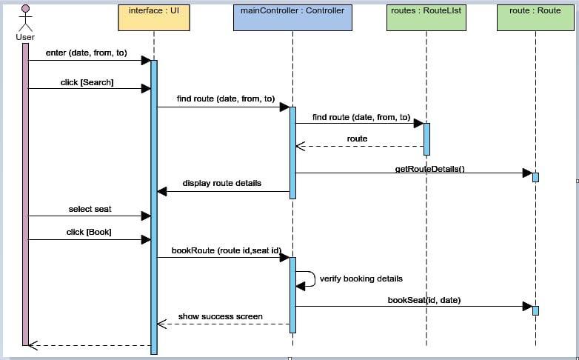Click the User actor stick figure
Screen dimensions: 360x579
[25, 18]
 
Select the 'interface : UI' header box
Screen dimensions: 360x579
[153, 17]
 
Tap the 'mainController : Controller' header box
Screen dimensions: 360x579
[292, 17]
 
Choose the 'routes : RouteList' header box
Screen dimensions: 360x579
[426, 17]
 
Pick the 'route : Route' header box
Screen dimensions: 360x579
[535, 17]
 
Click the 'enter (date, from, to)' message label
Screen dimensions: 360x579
[87, 53]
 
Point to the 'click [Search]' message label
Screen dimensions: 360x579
[87, 81]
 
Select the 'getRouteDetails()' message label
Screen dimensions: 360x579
[429, 169]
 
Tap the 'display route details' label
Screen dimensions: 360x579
[222, 183]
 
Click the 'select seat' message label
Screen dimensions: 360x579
[90, 210]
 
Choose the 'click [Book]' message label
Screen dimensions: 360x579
[89, 232]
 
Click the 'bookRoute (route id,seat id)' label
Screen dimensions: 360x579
[226, 250]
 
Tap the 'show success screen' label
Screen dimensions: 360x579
[220, 316]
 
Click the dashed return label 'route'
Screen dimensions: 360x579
[357, 139]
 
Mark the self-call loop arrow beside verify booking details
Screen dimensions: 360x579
[307, 279]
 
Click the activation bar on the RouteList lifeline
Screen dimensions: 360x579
[426, 139]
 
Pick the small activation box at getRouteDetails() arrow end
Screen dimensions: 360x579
[535, 177]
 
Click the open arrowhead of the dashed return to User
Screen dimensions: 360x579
[33, 344]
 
